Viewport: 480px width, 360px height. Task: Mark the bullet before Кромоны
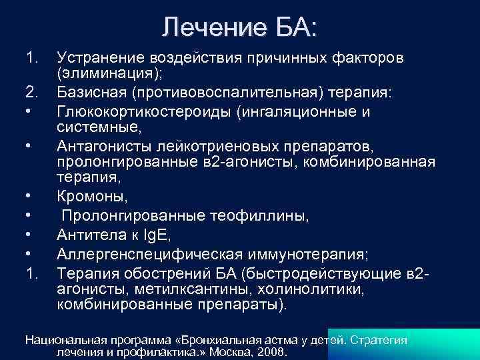29,196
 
